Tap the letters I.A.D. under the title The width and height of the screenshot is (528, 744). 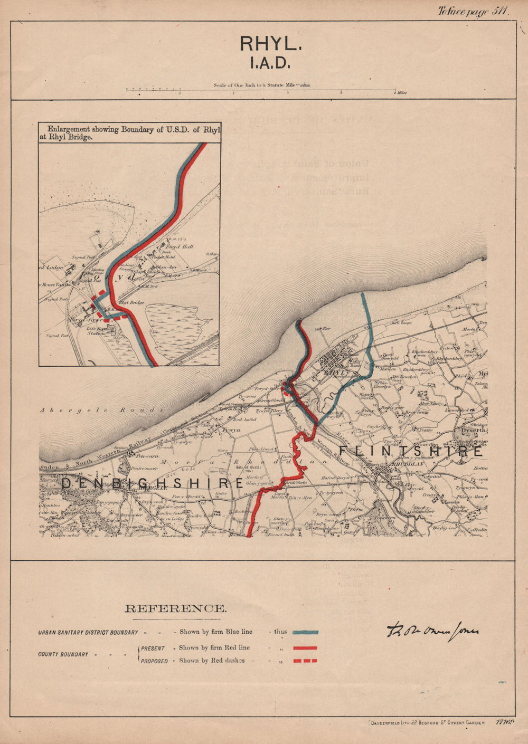point(270,63)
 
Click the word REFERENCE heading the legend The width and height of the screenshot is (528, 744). point(176,608)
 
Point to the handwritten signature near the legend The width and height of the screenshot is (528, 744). point(432,632)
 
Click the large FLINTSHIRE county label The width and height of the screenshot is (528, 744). point(411,452)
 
